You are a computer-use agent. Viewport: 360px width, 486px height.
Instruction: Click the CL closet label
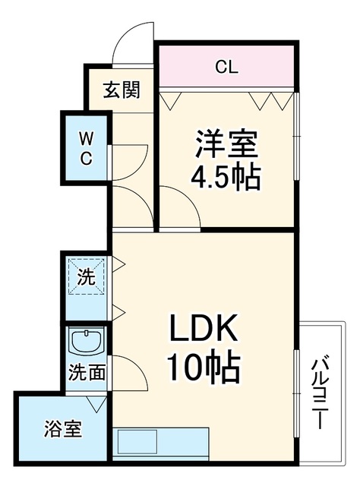227,67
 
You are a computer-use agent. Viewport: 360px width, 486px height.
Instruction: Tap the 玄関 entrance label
122,90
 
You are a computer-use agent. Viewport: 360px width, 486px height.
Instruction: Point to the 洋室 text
226,145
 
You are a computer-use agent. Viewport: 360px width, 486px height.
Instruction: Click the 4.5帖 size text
226,178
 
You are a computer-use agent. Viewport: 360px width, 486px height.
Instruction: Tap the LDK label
203,331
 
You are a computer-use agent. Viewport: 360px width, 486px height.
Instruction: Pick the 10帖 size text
204,365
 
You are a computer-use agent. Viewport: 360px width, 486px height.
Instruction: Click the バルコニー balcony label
320,393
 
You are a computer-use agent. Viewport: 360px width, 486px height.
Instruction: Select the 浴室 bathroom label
63,429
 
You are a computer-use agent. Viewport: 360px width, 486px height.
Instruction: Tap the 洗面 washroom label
87,372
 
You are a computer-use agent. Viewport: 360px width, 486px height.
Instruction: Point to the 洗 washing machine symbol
86,276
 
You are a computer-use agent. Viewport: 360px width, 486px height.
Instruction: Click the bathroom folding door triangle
96,403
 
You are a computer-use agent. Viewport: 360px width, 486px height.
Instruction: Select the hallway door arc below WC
141,198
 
